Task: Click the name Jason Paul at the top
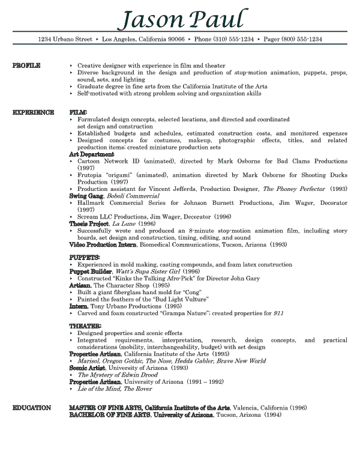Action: (182, 19)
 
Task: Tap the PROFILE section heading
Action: (26, 65)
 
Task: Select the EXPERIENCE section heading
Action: (34, 112)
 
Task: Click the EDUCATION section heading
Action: (32, 408)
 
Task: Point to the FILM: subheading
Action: (79, 112)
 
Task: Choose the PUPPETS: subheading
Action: (85, 258)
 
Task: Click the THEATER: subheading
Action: (85, 325)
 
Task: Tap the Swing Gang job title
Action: (86, 196)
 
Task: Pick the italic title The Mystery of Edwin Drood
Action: (116, 375)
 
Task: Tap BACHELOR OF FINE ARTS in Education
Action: (110, 415)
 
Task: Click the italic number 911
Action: (278, 313)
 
